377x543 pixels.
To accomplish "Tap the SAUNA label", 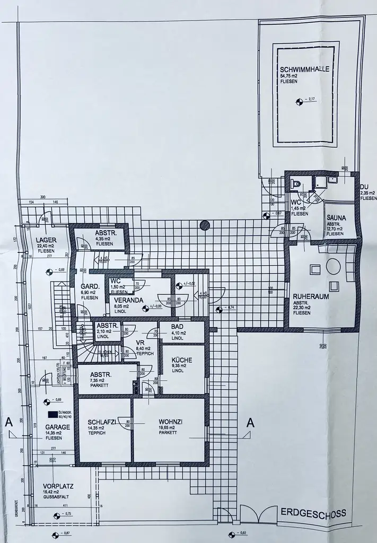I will pyautogui.click(x=336, y=217).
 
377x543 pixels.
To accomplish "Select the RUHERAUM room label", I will pyautogui.click(x=311, y=297).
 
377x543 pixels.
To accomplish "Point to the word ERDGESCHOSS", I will pyautogui.click(x=313, y=513).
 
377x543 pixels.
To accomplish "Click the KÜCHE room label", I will pyautogui.click(x=181, y=360).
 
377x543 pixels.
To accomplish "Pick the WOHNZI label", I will pyautogui.click(x=170, y=422).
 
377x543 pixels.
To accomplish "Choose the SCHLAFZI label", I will pyautogui.click(x=102, y=422).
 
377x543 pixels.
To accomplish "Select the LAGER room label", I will pyautogui.click(x=46, y=240).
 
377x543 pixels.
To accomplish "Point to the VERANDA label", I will pyautogui.click(x=127, y=300).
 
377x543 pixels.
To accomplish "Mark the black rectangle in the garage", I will pyautogui.click(x=52, y=415).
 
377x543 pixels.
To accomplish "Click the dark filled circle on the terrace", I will pyautogui.click(x=205, y=226).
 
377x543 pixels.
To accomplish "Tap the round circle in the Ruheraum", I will pyautogui.click(x=333, y=266).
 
